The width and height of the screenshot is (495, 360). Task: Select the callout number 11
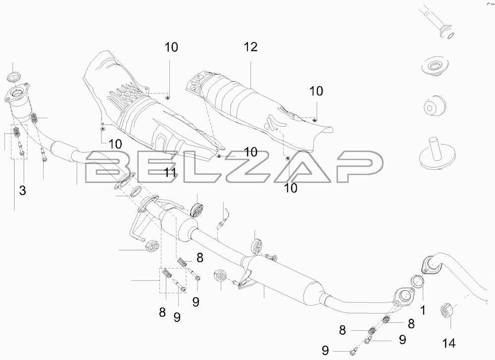click(170, 173)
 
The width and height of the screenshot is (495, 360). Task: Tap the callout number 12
click(250, 47)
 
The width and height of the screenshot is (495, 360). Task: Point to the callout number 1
click(423, 312)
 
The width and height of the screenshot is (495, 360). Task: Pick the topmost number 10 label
click(171, 47)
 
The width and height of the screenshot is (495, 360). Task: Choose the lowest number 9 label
click(325, 350)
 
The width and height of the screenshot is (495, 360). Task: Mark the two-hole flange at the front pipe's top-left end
click(19, 95)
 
